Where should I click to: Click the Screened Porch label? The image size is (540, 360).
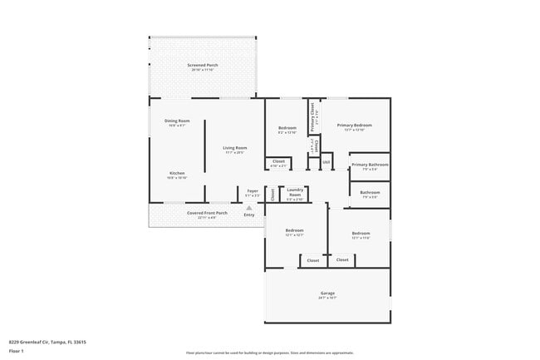click(203, 64)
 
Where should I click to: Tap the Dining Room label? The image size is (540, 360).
click(177, 121)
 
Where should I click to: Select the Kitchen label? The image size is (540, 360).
click(177, 173)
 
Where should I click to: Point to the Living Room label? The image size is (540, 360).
click(234, 148)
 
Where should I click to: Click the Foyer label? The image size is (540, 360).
click(253, 190)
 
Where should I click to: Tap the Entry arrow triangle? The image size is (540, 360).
click(248, 208)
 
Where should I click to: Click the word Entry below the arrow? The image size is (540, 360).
click(248, 215)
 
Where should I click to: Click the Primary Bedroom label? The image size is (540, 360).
click(354, 126)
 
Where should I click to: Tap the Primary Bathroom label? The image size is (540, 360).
click(370, 165)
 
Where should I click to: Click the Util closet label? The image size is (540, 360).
click(326, 161)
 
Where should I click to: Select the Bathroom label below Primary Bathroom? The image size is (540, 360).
click(370, 193)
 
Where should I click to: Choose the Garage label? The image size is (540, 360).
click(327, 293)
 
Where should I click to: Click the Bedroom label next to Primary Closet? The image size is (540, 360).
click(287, 127)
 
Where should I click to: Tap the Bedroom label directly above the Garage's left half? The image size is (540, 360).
click(295, 230)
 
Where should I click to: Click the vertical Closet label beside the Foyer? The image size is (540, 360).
click(272, 195)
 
